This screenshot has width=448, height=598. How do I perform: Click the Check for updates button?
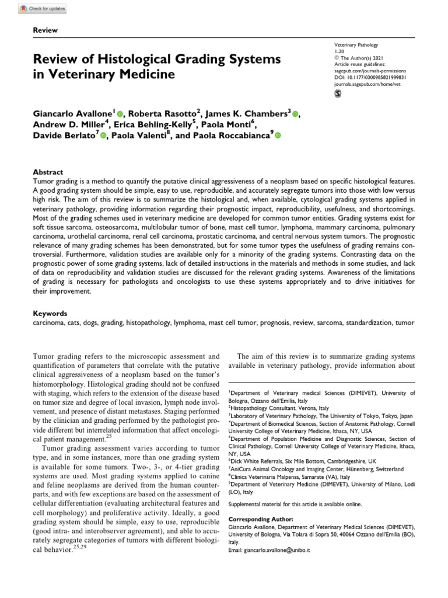[x=42, y=9]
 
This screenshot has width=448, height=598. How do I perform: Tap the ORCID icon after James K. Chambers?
[x=295, y=113]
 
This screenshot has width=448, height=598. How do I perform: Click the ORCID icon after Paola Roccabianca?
[x=277, y=135]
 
